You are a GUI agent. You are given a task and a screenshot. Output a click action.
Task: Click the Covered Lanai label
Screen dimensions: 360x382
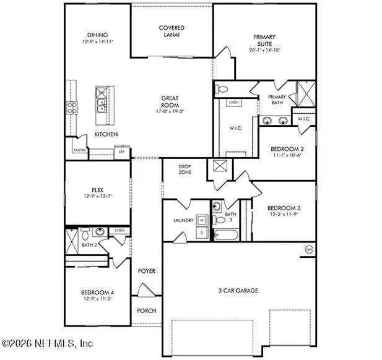click(x=171, y=32)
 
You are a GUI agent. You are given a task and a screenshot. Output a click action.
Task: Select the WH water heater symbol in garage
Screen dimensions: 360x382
click(x=308, y=250)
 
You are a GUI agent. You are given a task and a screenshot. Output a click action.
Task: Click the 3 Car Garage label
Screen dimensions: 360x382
click(x=237, y=290)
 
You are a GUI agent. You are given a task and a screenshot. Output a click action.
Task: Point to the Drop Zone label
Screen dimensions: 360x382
click(x=184, y=169)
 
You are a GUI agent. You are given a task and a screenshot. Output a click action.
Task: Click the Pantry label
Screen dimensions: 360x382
click(x=79, y=150)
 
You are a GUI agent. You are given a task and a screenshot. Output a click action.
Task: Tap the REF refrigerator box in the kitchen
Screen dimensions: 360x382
click(x=121, y=150)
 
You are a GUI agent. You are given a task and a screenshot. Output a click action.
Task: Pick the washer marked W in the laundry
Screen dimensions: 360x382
click(x=201, y=220)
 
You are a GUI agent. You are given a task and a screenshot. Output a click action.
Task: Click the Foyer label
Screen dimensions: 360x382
click(x=147, y=271)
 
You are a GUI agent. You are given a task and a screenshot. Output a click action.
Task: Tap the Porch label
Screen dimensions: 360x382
click(x=147, y=311)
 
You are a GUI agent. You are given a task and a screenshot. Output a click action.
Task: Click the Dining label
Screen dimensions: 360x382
click(x=97, y=35)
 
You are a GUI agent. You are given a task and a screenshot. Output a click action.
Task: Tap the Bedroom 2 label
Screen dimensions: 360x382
click(x=287, y=149)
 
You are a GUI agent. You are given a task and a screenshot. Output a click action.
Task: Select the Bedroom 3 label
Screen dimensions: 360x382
click(x=284, y=208)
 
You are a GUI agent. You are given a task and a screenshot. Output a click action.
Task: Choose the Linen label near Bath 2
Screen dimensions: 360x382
click(x=119, y=231)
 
